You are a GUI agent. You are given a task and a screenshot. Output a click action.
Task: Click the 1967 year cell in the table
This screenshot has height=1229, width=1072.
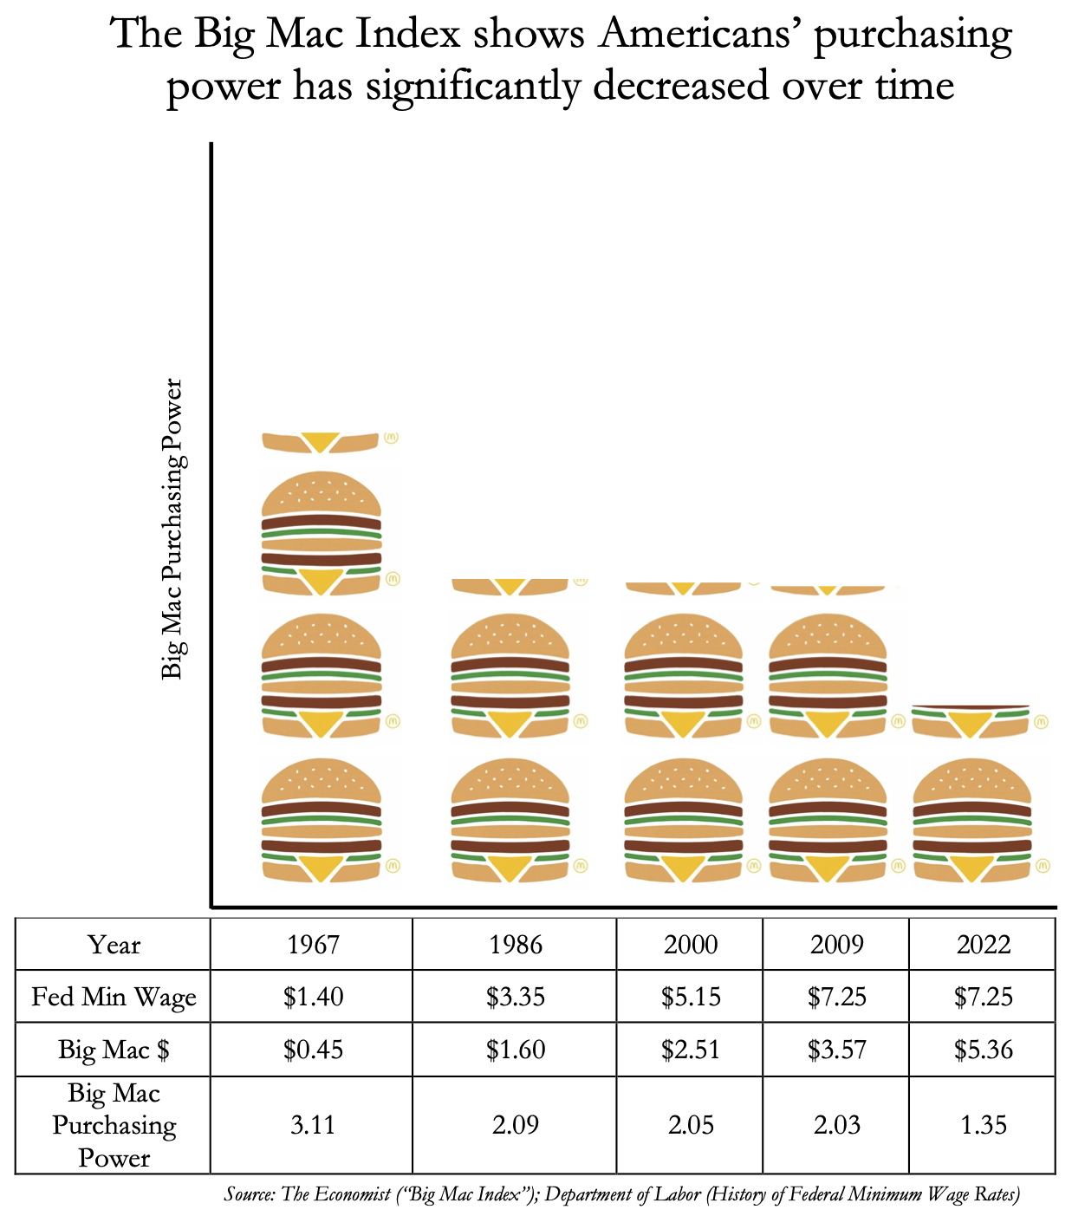(313, 944)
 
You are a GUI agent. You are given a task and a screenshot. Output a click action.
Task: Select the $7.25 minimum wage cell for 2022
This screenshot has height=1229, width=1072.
(983, 997)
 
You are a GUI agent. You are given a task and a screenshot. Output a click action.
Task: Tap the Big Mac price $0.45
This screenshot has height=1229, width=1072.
(313, 1050)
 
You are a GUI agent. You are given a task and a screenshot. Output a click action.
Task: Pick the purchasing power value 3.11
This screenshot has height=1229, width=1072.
(313, 1125)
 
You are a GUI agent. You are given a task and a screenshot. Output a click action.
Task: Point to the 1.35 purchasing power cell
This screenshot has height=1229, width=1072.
(983, 1125)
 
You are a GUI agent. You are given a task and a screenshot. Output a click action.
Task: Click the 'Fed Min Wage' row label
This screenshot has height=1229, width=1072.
(114, 997)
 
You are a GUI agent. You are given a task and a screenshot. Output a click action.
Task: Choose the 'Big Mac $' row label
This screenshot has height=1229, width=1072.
(114, 1050)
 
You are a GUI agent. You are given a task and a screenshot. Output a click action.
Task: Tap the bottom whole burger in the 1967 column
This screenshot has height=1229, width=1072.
(322, 820)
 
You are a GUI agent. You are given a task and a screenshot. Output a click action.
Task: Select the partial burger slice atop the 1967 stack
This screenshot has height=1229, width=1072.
(322, 441)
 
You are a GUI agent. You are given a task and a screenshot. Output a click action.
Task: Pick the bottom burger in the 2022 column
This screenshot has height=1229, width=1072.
(972, 820)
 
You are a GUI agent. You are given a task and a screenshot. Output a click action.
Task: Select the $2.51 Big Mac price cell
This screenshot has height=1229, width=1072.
(691, 1050)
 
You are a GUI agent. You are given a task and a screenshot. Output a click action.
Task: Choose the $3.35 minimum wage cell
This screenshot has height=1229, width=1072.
(516, 997)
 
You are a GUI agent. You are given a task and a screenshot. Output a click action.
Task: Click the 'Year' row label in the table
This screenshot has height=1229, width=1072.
(114, 944)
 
